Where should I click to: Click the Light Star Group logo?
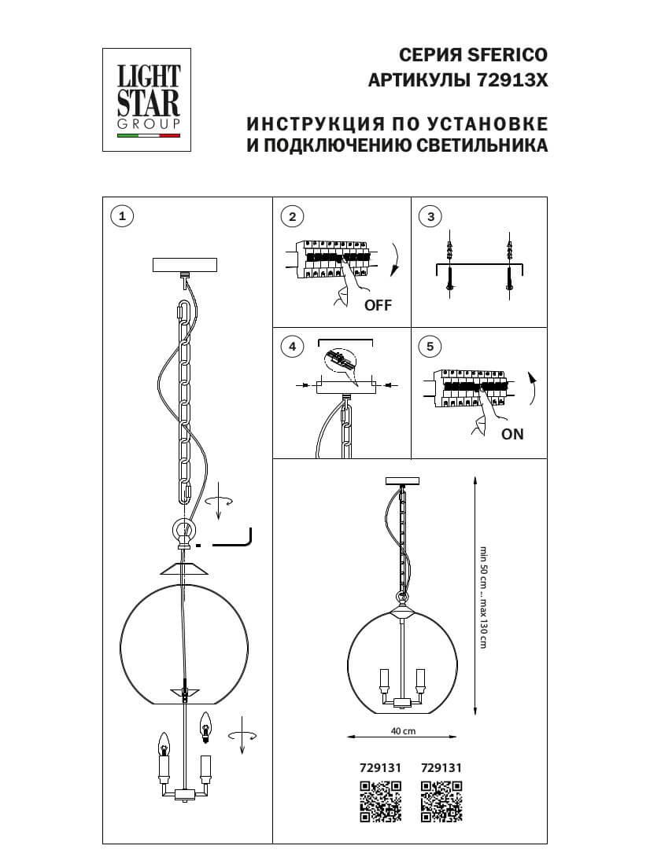coord(149,99)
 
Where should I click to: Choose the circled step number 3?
coord(430,218)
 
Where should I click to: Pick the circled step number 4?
coord(292,347)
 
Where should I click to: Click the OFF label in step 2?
coord(377,306)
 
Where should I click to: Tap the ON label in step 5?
coord(512,434)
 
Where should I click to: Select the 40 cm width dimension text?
coord(403,730)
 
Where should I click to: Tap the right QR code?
coord(441,802)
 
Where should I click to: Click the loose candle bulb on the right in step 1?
coord(206,727)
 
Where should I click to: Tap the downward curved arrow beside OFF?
coord(394,260)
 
